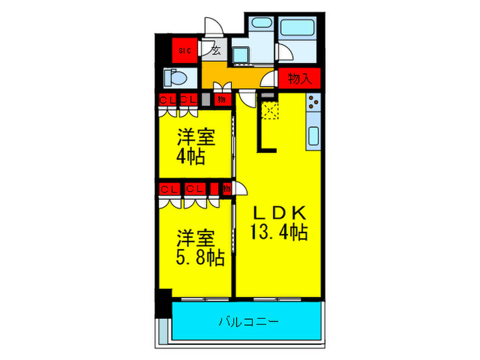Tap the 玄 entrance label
point(216,49)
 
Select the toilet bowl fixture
point(174,77)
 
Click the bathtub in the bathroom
point(296,29)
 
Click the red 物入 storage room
point(300,79)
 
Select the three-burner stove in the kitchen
point(313,104)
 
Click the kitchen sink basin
point(313,135)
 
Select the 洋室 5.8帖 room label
point(200,248)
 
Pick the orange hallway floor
point(233,74)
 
